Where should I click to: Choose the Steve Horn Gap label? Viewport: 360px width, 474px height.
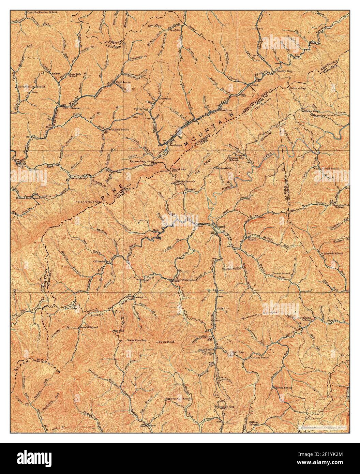[x=136, y=340]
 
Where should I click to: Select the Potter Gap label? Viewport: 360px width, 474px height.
[x=141, y=109]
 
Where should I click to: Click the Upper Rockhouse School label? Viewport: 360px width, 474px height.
[x=42, y=12]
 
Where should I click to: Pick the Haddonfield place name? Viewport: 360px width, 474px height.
[x=223, y=168]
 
